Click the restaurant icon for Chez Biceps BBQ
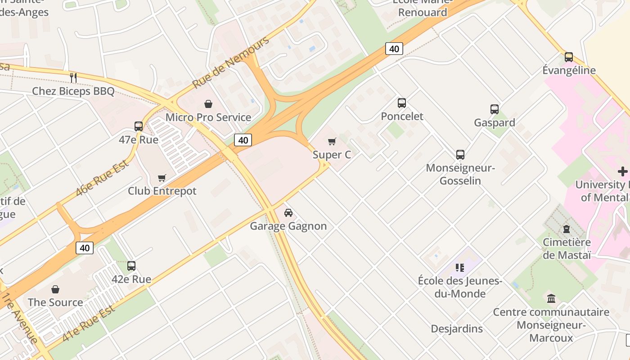click(73, 78)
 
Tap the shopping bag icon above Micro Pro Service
click(208, 104)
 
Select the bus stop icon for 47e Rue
click(139, 126)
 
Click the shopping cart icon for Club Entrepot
click(162, 178)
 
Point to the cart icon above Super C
click(332, 142)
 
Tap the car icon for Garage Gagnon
click(288, 213)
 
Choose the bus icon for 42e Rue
click(131, 266)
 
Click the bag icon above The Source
click(55, 289)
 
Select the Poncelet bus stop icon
click(402, 103)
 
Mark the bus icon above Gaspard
click(495, 109)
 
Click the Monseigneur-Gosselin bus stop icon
click(460, 155)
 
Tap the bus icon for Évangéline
click(569, 57)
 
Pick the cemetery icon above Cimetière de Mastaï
click(566, 229)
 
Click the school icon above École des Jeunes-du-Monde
click(459, 268)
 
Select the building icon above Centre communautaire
click(551, 298)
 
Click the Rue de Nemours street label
click(230, 62)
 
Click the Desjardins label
click(457, 329)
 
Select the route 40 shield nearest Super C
click(243, 140)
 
